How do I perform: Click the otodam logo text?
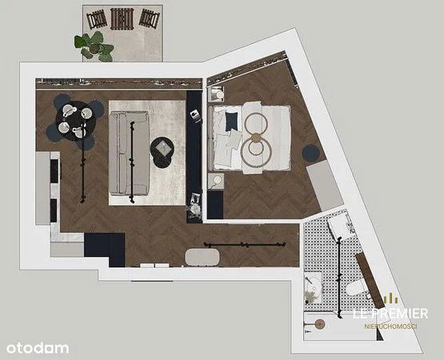tap(38, 348)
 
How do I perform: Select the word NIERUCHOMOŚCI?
tap(390, 326)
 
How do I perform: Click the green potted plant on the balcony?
tap(94, 46)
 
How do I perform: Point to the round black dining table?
tap(76, 121)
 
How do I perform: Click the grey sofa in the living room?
tap(130, 154)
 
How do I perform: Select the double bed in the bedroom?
tap(250, 138)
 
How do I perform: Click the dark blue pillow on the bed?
tap(231, 122)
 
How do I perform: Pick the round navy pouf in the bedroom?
tap(311, 154)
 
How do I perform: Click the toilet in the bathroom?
tap(358, 289)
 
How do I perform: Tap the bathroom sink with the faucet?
tap(313, 287)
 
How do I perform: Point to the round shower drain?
tap(320, 324)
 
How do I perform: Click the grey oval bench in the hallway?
tap(202, 257)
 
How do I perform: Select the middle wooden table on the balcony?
tap(122, 19)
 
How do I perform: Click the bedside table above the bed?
tap(216, 94)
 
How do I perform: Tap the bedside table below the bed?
tap(216, 181)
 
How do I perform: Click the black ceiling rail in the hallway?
tap(245, 245)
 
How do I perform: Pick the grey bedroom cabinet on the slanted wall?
tap(325, 186)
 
